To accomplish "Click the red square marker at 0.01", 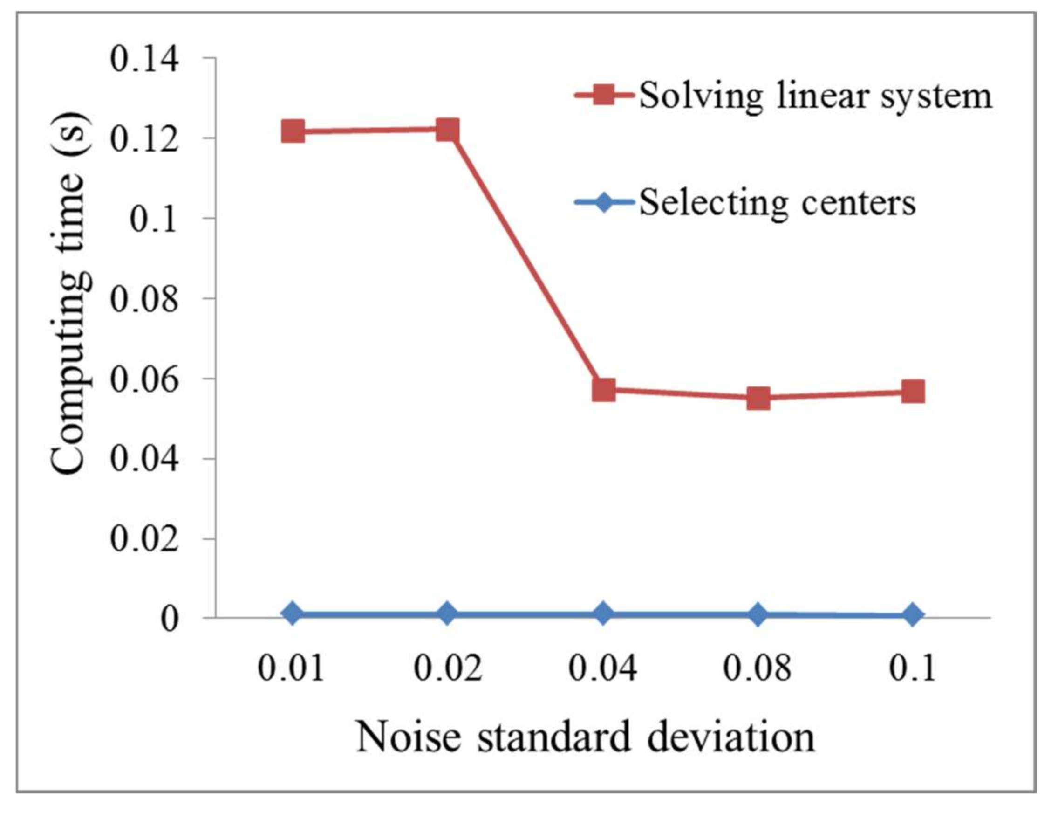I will point(293,131).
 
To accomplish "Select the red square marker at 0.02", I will point(447,130).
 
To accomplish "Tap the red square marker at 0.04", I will point(603,389).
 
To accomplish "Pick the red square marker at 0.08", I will point(758,398).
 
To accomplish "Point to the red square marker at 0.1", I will point(913,392).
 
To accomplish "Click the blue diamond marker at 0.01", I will point(293,613).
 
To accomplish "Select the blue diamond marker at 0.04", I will point(603,613).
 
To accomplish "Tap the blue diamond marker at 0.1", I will point(913,615).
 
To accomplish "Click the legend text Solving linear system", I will point(815,96).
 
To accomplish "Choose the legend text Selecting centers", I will point(777,203).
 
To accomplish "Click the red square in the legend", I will point(603,95).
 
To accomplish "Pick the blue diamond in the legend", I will point(603,202).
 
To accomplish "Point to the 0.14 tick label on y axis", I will point(144,60).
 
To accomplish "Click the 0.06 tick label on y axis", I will point(144,379).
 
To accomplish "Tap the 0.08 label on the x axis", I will point(758,668).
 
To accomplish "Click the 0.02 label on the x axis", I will point(448,668).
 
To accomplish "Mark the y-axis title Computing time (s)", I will point(69,294).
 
